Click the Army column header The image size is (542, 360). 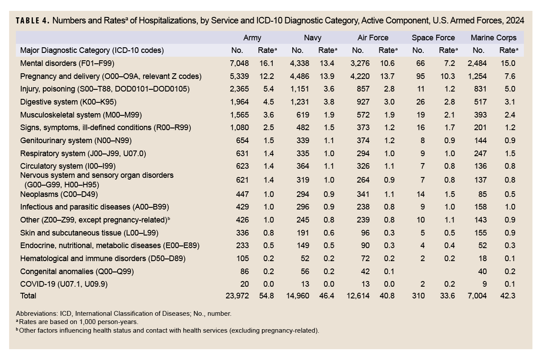coord(252,38)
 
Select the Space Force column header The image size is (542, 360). coord(433,38)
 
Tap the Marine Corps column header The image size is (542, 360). coord(493,38)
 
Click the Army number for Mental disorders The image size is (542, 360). coord(239,63)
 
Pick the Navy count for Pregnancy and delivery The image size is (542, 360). coord(300,76)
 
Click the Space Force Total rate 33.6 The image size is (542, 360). coord(447,296)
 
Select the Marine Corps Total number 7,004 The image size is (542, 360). coord(477,296)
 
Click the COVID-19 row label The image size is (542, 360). coord(64,284)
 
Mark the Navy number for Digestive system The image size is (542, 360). coord(300,102)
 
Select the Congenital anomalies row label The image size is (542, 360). coord(77,272)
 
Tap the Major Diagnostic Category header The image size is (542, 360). coord(92,50)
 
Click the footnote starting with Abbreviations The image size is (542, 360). coord(124,314)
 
